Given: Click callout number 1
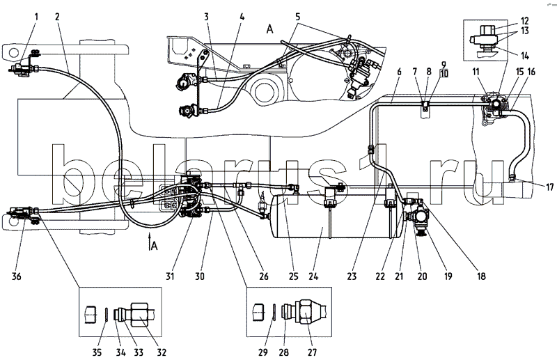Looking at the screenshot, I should pos(36,16).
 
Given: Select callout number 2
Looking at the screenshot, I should pos(58,16).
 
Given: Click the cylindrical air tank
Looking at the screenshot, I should pos(334,216).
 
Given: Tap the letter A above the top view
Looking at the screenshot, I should pos(267,29).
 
